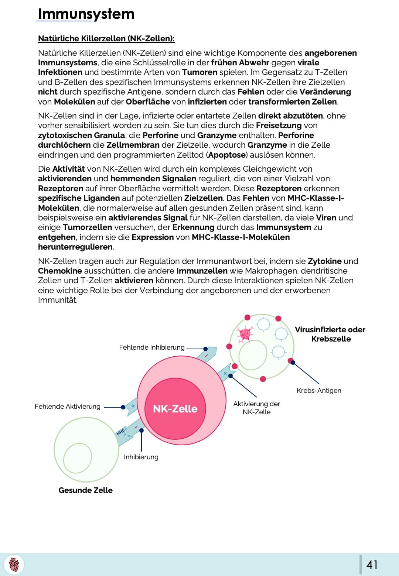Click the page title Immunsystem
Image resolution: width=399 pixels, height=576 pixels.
click(86, 14)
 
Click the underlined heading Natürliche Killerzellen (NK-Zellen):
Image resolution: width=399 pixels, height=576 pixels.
click(106, 38)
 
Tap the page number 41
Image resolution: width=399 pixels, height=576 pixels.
click(372, 565)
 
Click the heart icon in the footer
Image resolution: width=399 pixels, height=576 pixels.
click(14, 565)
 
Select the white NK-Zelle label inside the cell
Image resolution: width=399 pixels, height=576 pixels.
click(175, 409)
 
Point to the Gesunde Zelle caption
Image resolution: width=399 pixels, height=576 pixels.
click(85, 490)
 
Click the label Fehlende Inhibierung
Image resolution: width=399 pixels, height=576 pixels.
click(151, 347)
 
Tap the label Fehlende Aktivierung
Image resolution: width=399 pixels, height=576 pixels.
click(67, 407)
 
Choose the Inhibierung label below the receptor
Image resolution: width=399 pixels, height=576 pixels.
click(141, 457)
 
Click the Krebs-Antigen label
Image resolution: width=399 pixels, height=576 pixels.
click(319, 391)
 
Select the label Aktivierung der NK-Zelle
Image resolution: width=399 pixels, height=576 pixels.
click(256, 408)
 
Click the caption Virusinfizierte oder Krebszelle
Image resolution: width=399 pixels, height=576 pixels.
click(330, 334)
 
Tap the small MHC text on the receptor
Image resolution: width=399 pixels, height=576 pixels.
click(121, 432)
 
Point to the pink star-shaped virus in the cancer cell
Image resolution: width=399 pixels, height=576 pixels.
click(245, 334)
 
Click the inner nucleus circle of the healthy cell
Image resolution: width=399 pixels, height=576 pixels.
click(78, 458)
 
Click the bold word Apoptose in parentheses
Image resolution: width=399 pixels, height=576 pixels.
click(226, 155)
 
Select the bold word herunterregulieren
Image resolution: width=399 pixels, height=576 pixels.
click(75, 247)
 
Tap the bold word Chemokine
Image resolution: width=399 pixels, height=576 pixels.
click(60, 271)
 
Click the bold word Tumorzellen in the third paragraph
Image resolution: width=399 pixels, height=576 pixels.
click(87, 227)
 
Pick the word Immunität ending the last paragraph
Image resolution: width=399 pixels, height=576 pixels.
click(58, 300)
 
